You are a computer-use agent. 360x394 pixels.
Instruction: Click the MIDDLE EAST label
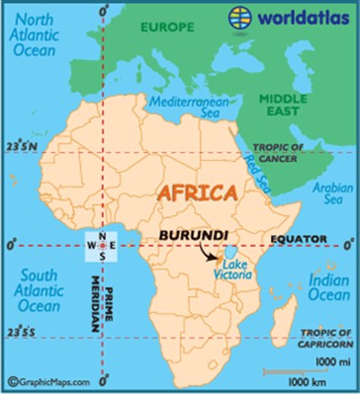285,106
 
